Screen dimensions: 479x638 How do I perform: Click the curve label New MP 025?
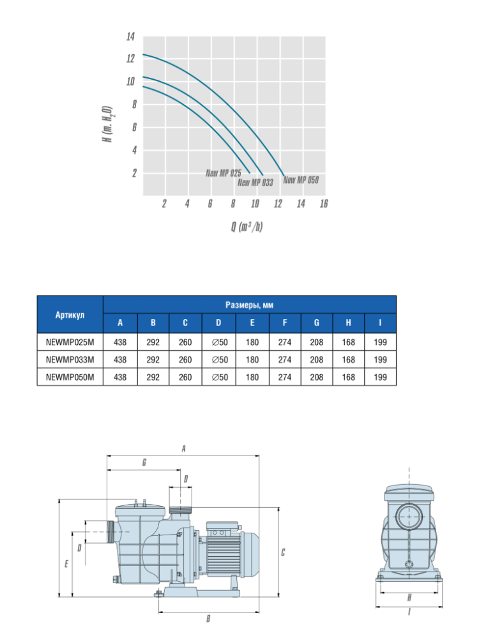(223, 173)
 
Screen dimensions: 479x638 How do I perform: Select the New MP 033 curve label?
(255, 182)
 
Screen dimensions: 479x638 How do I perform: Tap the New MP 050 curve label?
(301, 180)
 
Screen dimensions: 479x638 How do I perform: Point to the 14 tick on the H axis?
(130, 36)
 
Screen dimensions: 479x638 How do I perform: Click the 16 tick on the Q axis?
(324, 204)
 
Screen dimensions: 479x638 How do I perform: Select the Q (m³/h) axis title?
(247, 226)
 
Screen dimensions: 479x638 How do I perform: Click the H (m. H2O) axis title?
(107, 124)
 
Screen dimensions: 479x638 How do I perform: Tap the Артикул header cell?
(70, 315)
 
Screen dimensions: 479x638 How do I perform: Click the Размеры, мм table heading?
(249, 305)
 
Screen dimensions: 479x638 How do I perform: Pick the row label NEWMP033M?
(70, 360)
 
